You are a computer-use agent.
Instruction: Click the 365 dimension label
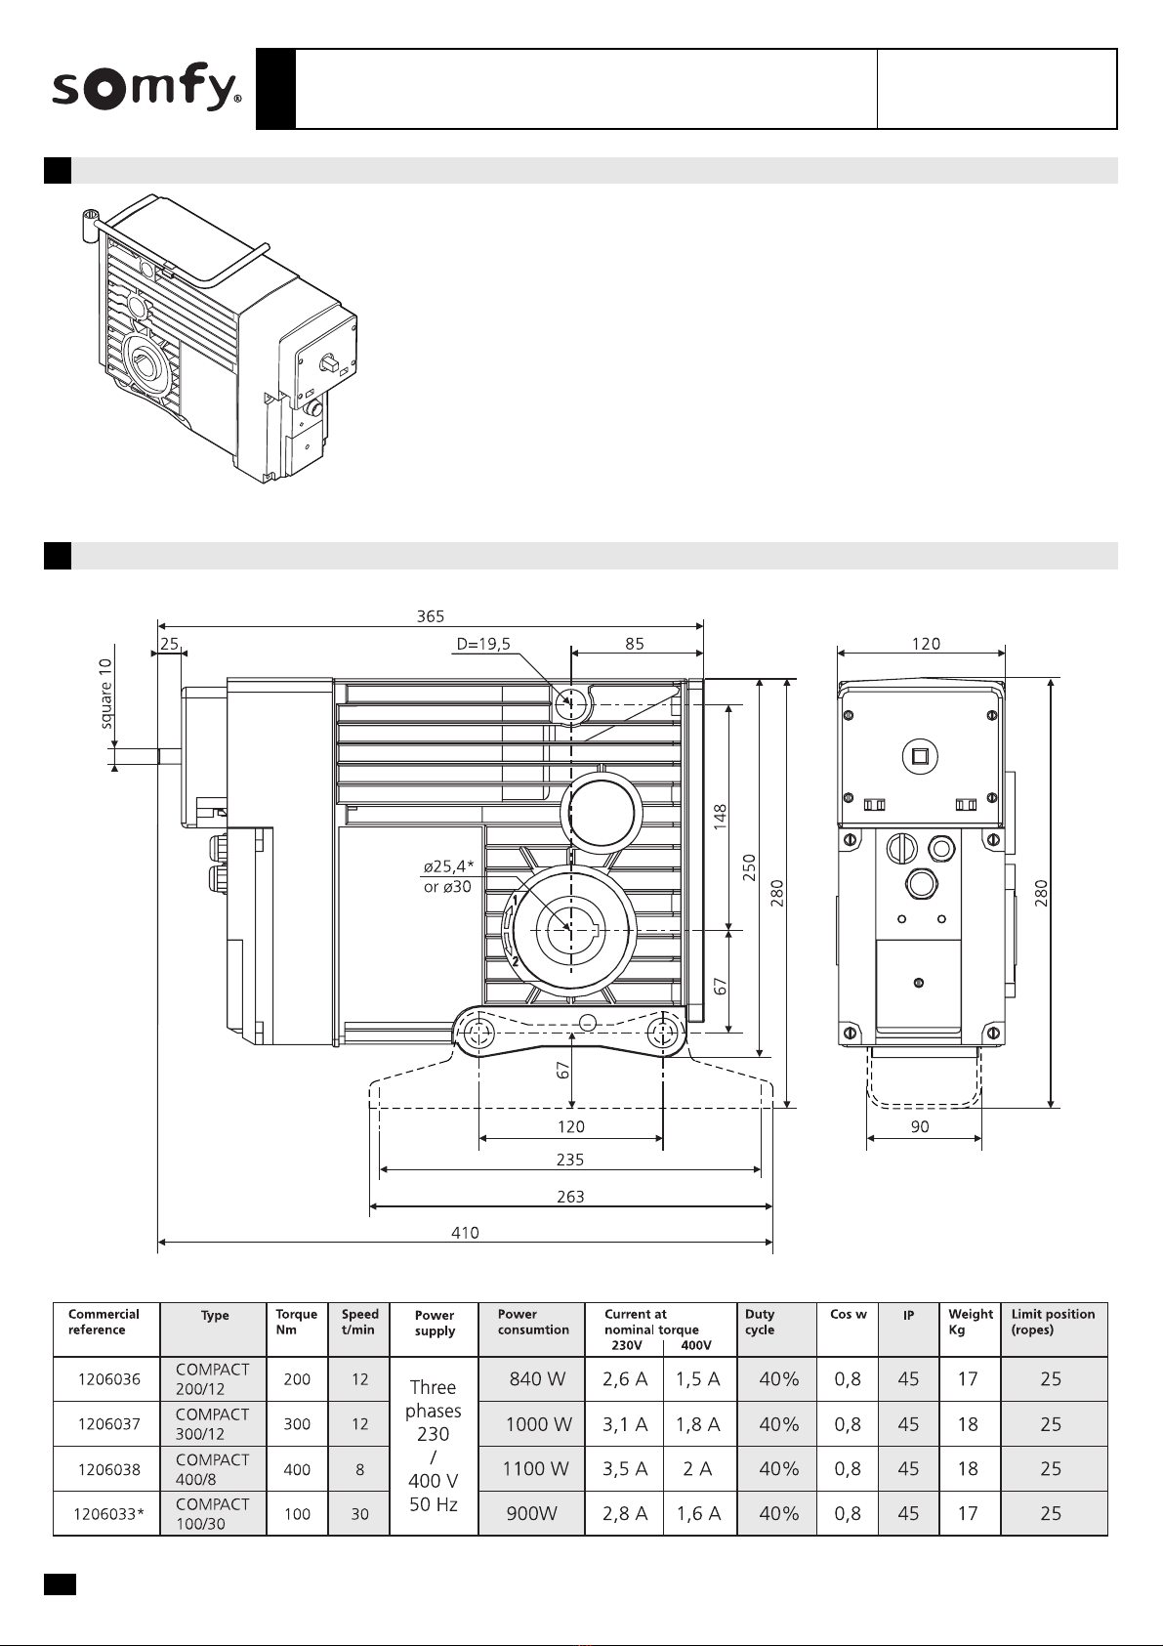click(431, 616)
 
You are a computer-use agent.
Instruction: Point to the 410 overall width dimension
click(465, 1232)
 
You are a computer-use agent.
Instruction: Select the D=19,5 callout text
click(483, 644)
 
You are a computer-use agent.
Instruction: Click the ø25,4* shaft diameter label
click(449, 866)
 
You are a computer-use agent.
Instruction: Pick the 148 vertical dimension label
click(720, 817)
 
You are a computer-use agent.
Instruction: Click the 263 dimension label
click(570, 1197)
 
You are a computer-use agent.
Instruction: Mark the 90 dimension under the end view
click(920, 1126)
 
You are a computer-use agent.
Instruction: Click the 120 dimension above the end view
click(926, 644)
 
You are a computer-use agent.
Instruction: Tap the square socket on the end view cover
click(920, 756)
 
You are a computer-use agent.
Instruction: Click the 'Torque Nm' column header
click(296, 1322)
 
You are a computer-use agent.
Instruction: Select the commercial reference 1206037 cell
click(108, 1424)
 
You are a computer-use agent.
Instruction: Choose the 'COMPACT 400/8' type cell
click(212, 1469)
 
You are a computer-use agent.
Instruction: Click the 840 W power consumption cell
click(537, 1379)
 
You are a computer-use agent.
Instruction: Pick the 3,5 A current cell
click(625, 1469)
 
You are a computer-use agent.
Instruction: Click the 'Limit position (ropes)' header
click(1053, 1322)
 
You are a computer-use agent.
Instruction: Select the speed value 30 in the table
click(359, 1514)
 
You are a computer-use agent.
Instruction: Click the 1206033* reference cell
click(108, 1514)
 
